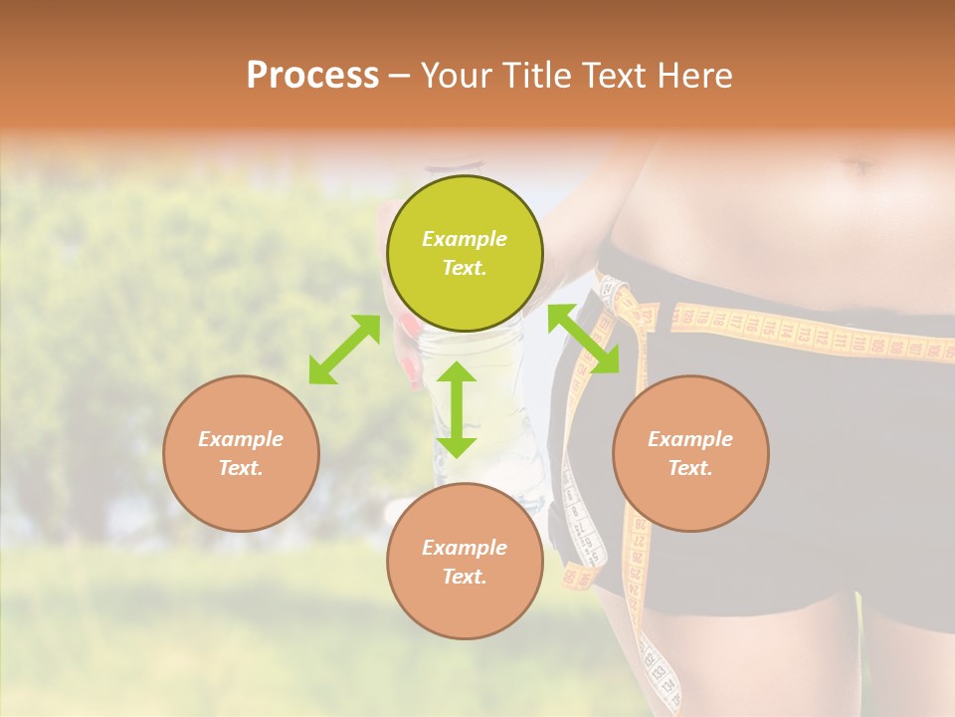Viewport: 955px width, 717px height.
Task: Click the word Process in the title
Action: [312, 76]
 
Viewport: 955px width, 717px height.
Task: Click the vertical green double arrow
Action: [457, 409]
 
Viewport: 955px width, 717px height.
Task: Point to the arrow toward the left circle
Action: [344, 350]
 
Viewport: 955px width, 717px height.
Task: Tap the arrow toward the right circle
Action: [584, 339]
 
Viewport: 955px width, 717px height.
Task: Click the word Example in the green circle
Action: [465, 239]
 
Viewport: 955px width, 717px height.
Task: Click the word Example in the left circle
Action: [241, 439]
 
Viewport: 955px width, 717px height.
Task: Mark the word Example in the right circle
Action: [690, 439]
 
